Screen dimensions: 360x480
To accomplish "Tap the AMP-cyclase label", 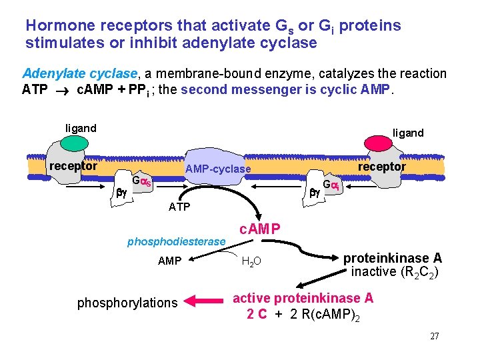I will pyautogui.click(x=218, y=169).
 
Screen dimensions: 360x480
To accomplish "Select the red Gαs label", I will pyautogui.click(x=141, y=181).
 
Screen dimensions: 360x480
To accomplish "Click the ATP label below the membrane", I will pyautogui.click(x=179, y=207).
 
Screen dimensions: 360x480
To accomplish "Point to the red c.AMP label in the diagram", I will pyautogui.click(x=260, y=229).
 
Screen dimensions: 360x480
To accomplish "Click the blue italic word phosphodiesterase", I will pyautogui.click(x=176, y=241).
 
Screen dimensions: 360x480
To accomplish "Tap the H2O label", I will pyautogui.click(x=251, y=261).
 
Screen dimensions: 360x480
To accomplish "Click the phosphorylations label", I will pyautogui.click(x=127, y=303).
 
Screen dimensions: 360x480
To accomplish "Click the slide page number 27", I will pyautogui.click(x=434, y=336).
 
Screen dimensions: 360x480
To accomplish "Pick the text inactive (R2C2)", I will pyautogui.click(x=394, y=272).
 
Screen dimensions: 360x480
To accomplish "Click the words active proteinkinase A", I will pyautogui.click(x=303, y=298).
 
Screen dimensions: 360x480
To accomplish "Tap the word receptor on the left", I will pyautogui.click(x=73, y=166).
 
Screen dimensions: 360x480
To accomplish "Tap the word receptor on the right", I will pyautogui.click(x=381, y=166).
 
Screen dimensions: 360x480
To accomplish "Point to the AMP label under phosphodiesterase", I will pyautogui.click(x=169, y=261).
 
